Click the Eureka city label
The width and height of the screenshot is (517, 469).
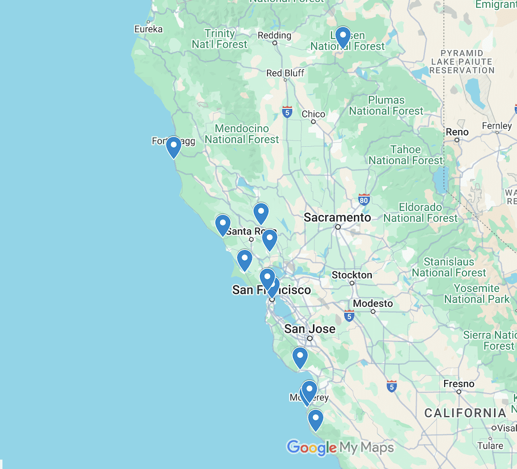pyautogui.click(x=148, y=29)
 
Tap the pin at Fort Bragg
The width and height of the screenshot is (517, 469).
pyautogui.click(x=173, y=147)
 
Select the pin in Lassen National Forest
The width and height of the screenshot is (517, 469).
pyautogui.click(x=343, y=37)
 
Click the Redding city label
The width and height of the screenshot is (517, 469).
pyautogui.click(x=275, y=36)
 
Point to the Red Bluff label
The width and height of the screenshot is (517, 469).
pyautogui.click(x=285, y=73)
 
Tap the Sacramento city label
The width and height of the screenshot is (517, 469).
pyautogui.click(x=337, y=218)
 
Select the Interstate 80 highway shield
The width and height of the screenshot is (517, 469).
pyautogui.click(x=364, y=199)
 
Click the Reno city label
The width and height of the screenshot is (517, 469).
pyautogui.click(x=457, y=132)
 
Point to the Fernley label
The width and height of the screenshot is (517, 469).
pyautogui.click(x=496, y=126)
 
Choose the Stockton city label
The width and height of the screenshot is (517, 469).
pyautogui.click(x=352, y=275)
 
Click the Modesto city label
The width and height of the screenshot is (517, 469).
pyautogui.click(x=373, y=304)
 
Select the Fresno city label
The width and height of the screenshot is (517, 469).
pyautogui.click(x=459, y=384)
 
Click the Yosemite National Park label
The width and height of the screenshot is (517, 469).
pyautogui.click(x=477, y=294)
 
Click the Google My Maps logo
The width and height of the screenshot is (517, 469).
pyautogui.click(x=340, y=448)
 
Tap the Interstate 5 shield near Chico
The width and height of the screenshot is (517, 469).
pyautogui.click(x=287, y=112)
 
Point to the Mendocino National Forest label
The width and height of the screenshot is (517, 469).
pyautogui.click(x=241, y=134)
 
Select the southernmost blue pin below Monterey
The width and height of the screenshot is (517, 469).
pyautogui.click(x=315, y=419)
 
